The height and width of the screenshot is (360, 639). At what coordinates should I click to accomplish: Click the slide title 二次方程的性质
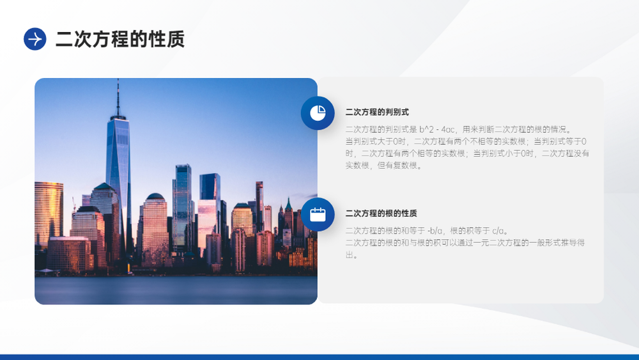(x=120, y=39)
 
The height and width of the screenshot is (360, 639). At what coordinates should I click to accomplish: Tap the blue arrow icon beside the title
(x=35, y=39)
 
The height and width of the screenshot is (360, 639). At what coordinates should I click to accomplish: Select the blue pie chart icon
(x=318, y=113)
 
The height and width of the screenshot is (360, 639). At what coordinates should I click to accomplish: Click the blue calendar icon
(x=318, y=214)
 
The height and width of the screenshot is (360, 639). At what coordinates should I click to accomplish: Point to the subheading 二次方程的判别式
(x=377, y=112)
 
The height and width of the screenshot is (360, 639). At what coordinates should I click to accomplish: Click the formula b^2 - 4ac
(x=437, y=130)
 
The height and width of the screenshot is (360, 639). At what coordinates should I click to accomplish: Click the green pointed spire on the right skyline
(x=289, y=204)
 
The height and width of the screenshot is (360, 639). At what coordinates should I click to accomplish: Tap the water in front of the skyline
(x=176, y=290)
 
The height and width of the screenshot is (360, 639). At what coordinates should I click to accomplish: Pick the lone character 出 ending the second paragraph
(x=350, y=254)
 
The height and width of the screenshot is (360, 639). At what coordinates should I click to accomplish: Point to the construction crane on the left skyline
(x=74, y=204)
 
